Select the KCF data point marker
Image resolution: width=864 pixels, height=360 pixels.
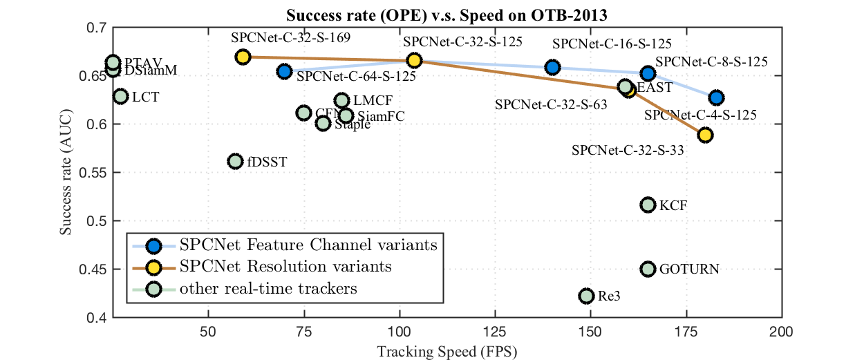click(x=648, y=205)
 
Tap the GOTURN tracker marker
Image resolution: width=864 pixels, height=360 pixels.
click(x=648, y=269)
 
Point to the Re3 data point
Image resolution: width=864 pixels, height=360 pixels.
click(x=586, y=296)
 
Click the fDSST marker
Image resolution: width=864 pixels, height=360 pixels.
click(x=235, y=162)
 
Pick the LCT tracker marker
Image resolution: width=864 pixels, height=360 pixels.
click(x=120, y=96)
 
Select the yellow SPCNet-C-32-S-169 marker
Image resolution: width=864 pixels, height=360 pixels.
click(x=243, y=57)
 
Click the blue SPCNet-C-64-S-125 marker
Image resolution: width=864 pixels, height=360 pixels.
click(x=284, y=71)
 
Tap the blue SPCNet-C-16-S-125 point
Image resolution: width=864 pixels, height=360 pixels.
click(x=552, y=67)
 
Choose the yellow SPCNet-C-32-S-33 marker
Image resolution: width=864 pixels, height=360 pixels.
click(x=705, y=135)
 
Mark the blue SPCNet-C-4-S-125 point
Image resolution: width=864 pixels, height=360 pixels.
click(x=716, y=98)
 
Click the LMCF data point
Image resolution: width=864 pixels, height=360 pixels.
click(x=341, y=101)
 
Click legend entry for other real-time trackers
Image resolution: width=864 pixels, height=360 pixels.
click(x=268, y=287)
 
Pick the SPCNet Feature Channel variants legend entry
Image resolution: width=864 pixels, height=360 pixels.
click(x=308, y=245)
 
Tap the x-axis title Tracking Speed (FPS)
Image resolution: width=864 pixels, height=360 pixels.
click(x=447, y=350)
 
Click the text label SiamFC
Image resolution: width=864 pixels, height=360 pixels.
click(x=381, y=116)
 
